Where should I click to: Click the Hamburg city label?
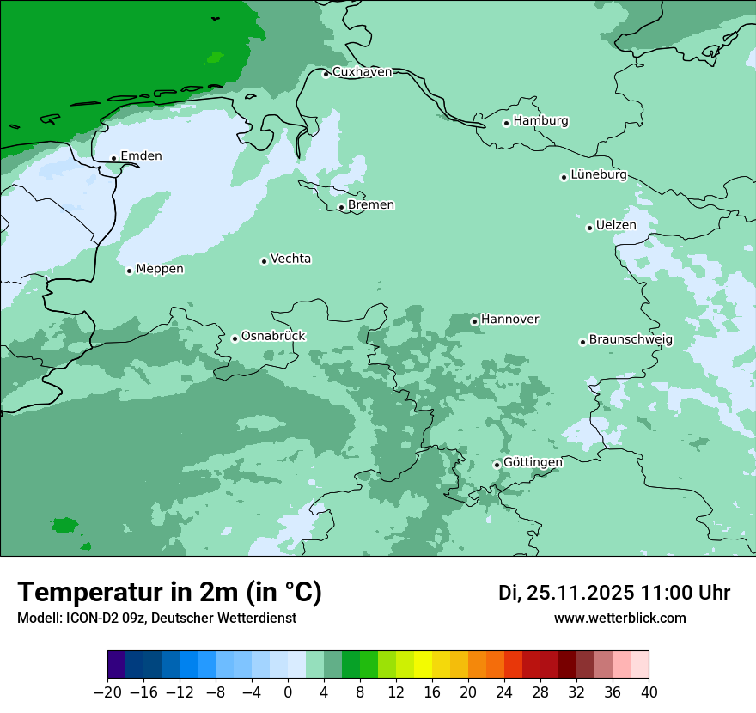[540, 121]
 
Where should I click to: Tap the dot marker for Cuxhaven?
[326, 74]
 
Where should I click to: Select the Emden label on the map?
[141, 156]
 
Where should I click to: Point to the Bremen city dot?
[341, 207]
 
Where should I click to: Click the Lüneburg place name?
[599, 175]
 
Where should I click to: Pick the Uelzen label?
[616, 225]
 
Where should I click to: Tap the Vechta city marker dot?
[264, 261]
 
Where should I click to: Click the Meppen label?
[160, 269]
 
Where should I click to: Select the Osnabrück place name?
[273, 336]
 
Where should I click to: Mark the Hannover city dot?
[474, 321]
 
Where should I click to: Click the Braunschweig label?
[631, 339]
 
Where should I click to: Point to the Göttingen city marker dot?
[497, 465]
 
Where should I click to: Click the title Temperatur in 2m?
[169, 593]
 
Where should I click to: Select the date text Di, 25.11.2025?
[565, 593]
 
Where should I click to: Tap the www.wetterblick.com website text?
[619, 618]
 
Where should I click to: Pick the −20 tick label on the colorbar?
[107, 692]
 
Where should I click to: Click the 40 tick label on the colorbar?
[649, 692]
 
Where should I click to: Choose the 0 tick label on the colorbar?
[288, 692]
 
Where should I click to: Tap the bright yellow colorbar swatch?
[423, 665]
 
